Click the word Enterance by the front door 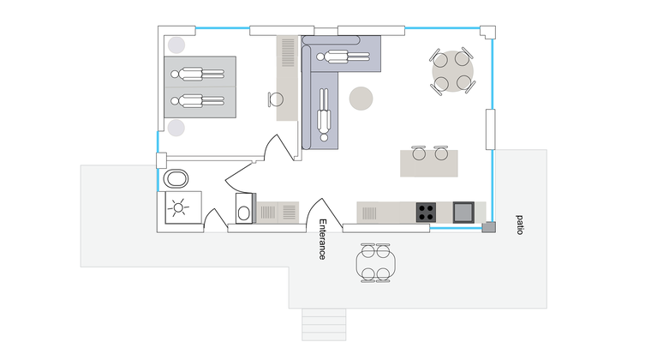point(322,239)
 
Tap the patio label point(519,225)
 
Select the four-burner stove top point(426,213)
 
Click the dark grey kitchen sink point(463,213)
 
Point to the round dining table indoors point(452,71)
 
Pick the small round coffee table point(361,99)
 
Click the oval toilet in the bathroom point(176,179)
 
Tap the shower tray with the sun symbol point(183,207)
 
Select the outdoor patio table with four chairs point(375,263)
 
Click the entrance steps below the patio point(324,325)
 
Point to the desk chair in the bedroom point(275,99)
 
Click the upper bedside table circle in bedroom point(176,45)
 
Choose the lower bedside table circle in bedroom point(176,128)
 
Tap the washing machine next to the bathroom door point(245,208)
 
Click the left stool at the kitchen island point(419,153)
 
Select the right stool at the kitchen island point(441,153)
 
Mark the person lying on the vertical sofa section point(324,115)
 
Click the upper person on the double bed point(198,75)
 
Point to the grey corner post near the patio point(488,226)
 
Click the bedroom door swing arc point(278,147)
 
